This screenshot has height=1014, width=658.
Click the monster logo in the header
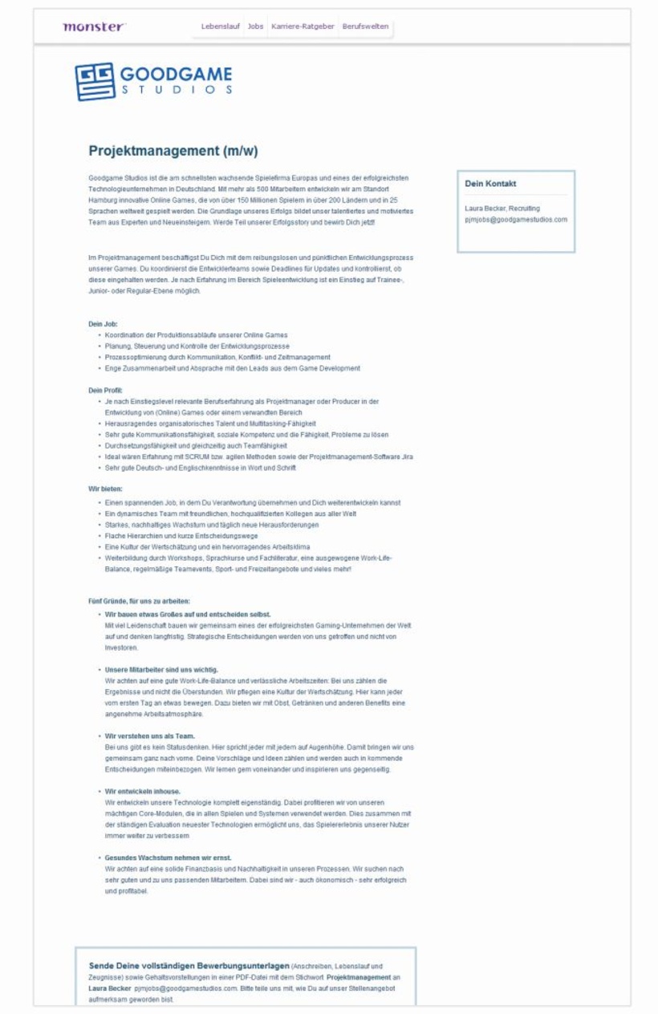[x=94, y=26]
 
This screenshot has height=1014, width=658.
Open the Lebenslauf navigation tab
[x=220, y=26]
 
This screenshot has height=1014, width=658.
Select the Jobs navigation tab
[x=255, y=26]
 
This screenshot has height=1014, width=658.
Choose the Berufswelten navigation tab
[x=365, y=26]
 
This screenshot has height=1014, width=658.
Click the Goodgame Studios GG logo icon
[x=95, y=81]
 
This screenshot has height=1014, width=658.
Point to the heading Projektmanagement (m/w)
[x=173, y=151]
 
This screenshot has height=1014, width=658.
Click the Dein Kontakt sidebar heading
[x=490, y=184]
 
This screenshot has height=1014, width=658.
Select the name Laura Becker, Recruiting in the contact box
[x=502, y=208]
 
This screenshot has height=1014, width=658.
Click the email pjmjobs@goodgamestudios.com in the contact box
[x=516, y=219]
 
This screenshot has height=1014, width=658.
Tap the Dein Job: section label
[x=103, y=323]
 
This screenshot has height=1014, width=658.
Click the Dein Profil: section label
[x=105, y=390]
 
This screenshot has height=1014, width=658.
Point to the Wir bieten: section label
[x=105, y=488]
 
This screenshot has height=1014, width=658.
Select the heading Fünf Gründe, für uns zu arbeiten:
[x=139, y=601]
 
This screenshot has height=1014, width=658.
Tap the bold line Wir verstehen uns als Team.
[x=150, y=736]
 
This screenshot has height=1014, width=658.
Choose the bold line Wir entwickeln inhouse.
[x=143, y=791]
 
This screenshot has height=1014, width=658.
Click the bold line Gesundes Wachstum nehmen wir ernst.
[x=168, y=858]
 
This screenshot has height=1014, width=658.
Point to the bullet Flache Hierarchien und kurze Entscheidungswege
[x=181, y=535]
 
